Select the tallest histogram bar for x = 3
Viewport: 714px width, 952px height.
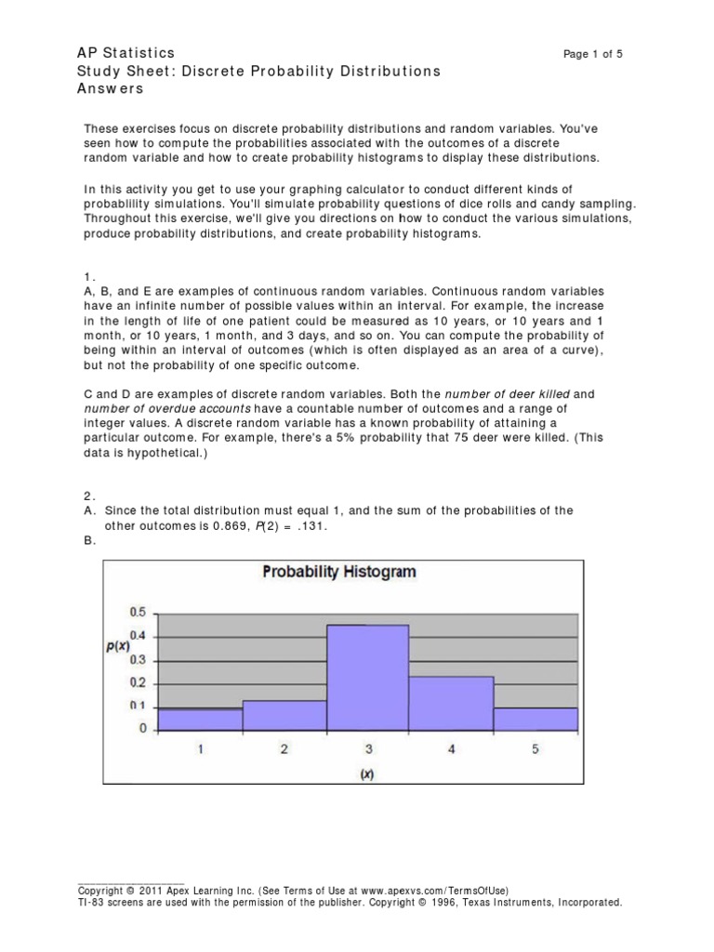point(368,678)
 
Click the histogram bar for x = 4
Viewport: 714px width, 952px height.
point(452,704)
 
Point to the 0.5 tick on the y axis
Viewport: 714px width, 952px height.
point(138,612)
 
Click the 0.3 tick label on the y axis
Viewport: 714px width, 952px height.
point(138,659)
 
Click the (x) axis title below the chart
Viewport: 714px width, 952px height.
point(368,774)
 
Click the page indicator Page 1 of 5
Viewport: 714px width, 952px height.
point(593,55)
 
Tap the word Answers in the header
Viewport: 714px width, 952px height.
point(111,89)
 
